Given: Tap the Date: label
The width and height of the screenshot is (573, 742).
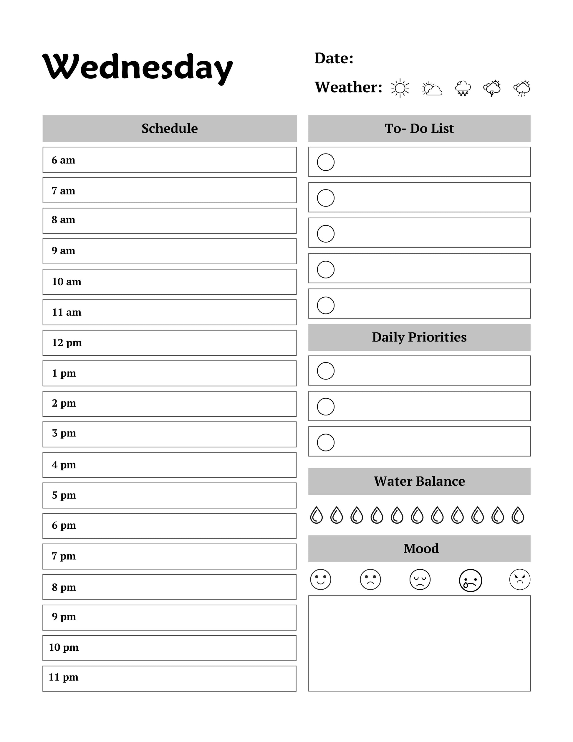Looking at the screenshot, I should pyautogui.click(x=334, y=58).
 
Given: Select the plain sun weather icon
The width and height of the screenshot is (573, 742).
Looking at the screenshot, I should pyautogui.click(x=400, y=88).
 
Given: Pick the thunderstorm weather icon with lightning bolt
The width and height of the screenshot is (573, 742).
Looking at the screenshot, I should pyautogui.click(x=492, y=89).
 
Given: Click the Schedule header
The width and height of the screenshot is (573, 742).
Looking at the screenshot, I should pyautogui.click(x=169, y=128).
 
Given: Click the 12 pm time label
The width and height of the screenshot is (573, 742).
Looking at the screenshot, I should pyautogui.click(x=67, y=342).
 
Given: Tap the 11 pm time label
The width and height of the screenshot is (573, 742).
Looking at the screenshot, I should pyautogui.click(x=64, y=677).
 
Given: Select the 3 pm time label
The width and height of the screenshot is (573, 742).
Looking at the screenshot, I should pyautogui.click(x=64, y=433).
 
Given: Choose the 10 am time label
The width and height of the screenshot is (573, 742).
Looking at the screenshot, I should pyautogui.click(x=67, y=282).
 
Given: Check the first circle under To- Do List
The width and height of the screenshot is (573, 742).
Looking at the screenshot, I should pyautogui.click(x=326, y=162).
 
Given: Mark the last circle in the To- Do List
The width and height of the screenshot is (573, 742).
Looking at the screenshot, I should pyautogui.click(x=326, y=305).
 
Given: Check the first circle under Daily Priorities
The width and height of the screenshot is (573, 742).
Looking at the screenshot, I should pyautogui.click(x=326, y=371).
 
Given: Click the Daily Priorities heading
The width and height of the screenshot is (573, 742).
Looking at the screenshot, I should pyautogui.click(x=419, y=337).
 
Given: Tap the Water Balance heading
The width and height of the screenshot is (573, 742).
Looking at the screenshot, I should pyautogui.click(x=419, y=481).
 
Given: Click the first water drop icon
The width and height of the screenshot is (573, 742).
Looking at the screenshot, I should pyautogui.click(x=316, y=515).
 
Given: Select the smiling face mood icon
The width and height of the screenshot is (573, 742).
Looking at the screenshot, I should pyautogui.click(x=320, y=580).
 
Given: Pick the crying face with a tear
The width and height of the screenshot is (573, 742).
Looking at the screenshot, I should pyautogui.click(x=470, y=580).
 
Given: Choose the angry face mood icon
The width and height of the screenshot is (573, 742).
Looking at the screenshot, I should pyautogui.click(x=520, y=580).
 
